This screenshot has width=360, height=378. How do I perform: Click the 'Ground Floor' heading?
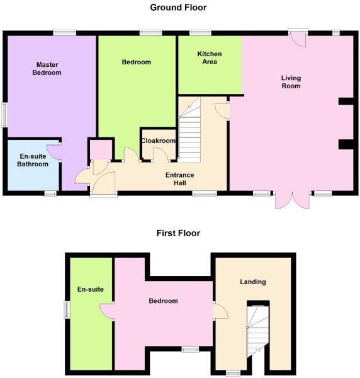(x=178, y=8)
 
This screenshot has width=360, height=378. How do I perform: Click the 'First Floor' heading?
(x=178, y=233)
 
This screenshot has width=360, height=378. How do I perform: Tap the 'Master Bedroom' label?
(x=48, y=69)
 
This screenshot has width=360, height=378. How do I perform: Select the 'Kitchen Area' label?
(x=209, y=58)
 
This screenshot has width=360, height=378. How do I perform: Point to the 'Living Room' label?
(x=291, y=82)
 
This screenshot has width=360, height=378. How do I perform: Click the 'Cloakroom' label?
(x=158, y=141)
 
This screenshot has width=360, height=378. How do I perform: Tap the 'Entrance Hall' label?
(x=179, y=179)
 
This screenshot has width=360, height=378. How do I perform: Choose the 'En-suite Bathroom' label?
(x=33, y=160)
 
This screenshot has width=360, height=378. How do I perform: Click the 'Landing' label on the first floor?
(x=253, y=282)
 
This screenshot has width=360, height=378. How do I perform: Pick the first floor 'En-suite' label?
(x=90, y=290)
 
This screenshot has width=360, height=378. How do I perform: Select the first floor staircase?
(x=257, y=334)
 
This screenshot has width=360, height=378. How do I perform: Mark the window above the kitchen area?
(x=200, y=32)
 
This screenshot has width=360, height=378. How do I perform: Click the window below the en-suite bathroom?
(x=50, y=193)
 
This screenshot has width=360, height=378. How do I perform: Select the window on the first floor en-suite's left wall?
(x=66, y=310)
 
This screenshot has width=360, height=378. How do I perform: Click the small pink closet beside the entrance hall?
(x=99, y=150)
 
